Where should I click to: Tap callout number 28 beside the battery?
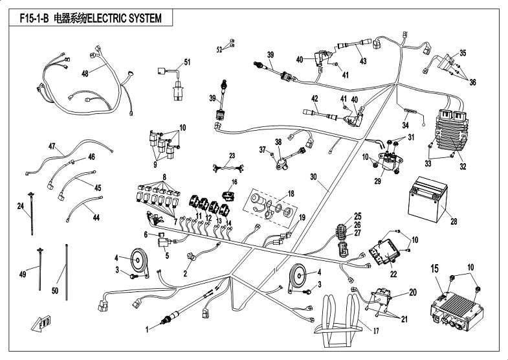coord(454,221)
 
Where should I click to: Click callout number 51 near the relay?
coord(188,62)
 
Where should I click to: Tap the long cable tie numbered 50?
coord(66,269)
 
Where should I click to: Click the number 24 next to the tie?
coord(20,207)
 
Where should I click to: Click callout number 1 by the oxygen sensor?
coord(146,329)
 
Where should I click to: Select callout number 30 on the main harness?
coord(313,176)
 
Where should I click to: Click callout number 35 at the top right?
coord(463,52)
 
